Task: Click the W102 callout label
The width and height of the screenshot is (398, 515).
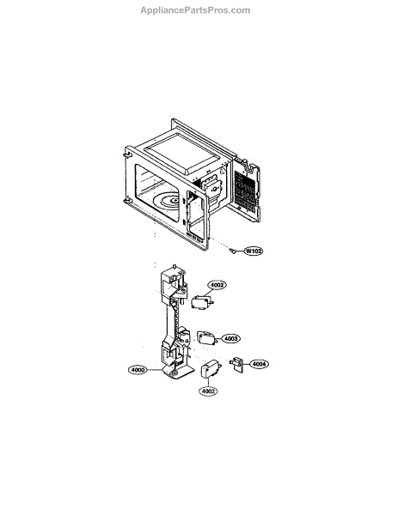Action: tap(254, 251)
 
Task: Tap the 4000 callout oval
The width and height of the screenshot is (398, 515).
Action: tap(138, 370)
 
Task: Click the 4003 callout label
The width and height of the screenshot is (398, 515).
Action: tap(230, 338)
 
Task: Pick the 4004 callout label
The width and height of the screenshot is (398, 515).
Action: tap(259, 364)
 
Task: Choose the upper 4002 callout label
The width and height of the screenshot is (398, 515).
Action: tap(217, 285)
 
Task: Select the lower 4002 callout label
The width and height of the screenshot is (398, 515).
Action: tap(208, 391)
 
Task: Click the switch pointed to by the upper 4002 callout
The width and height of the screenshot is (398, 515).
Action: tap(202, 302)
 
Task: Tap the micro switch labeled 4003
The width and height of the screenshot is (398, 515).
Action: tap(207, 337)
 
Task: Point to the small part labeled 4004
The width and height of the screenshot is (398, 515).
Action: tap(237, 364)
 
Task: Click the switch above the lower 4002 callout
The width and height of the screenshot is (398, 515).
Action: tap(211, 369)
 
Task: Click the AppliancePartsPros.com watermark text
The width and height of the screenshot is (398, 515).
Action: tap(195, 10)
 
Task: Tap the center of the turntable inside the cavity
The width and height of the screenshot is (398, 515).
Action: tap(174, 200)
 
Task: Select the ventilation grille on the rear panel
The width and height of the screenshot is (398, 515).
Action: tap(245, 191)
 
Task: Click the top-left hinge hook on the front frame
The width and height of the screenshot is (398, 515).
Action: tap(126, 154)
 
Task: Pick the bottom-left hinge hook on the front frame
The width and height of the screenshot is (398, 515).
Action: tap(126, 200)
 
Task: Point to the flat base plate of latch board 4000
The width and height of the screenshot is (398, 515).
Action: tap(180, 373)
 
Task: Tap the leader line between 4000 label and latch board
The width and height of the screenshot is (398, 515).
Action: tap(156, 370)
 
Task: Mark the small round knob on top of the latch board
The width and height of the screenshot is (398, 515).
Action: tap(175, 266)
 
